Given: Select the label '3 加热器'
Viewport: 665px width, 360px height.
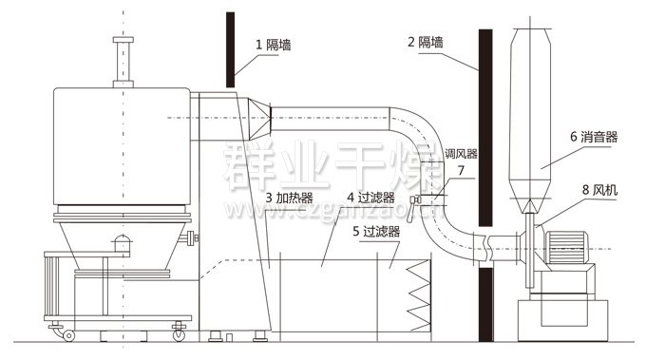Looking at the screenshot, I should pos(291,198).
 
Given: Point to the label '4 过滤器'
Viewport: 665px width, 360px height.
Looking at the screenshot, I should pos(372,198).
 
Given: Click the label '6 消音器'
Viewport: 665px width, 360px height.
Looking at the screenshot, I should pos(594,137).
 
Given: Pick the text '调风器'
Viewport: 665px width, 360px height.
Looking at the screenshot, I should pos(461,153).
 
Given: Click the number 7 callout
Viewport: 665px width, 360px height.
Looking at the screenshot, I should pos(461,171).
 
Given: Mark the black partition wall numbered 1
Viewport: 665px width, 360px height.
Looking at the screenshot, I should pos(229,47).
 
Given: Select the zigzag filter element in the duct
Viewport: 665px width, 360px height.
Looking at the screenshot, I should pos(418,294).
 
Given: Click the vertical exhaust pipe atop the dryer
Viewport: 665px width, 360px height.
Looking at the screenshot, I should pos(121,62).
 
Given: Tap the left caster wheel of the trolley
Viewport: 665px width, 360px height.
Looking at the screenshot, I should pos(67,334).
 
